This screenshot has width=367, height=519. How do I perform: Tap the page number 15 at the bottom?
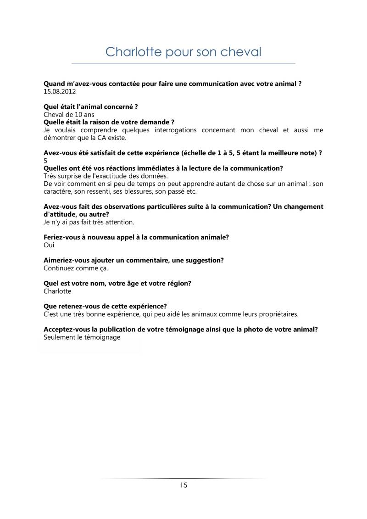(x=183, y=485)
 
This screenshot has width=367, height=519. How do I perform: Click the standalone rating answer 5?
(x=45, y=161)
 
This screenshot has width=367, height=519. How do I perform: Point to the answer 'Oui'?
(x=49, y=245)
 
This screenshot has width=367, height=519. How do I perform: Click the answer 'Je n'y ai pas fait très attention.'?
(x=89, y=222)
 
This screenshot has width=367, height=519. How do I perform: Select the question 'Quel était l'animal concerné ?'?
(x=90, y=106)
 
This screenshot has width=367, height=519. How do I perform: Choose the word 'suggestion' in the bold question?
(x=204, y=260)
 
